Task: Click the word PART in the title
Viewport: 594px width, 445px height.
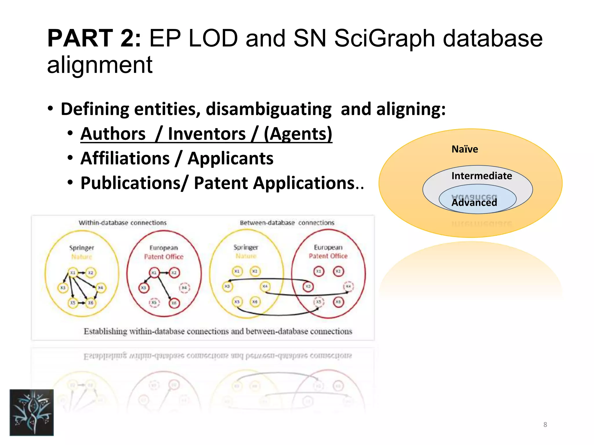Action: click(80, 38)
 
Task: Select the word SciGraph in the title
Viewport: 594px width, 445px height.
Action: click(385, 38)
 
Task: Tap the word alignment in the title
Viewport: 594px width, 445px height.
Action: click(100, 65)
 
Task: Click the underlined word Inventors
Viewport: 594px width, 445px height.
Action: click(207, 134)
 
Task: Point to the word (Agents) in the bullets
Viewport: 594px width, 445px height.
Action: click(298, 134)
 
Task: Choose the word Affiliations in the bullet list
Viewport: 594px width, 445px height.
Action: click(125, 158)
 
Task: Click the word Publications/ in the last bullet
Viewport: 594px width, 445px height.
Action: click(135, 183)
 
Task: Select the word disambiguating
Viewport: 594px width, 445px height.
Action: click(269, 109)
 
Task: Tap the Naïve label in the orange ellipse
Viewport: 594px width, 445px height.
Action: click(465, 149)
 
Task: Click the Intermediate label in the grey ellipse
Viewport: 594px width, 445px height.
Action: click(481, 176)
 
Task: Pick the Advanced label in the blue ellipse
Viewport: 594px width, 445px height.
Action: click(474, 202)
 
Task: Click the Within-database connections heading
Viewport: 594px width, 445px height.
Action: click(123, 223)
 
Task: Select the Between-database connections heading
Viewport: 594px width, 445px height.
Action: click(287, 223)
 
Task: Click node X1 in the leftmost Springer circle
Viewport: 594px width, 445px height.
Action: click(73, 273)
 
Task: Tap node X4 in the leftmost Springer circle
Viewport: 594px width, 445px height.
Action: click(100, 288)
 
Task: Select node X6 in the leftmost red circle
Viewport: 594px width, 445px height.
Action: click(174, 303)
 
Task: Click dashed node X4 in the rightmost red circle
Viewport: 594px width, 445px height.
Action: click(348, 287)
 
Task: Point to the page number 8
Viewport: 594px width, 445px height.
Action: click(545, 425)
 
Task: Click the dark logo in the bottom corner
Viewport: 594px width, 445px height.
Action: click(32, 412)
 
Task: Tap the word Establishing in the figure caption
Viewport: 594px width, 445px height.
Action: click(105, 331)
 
